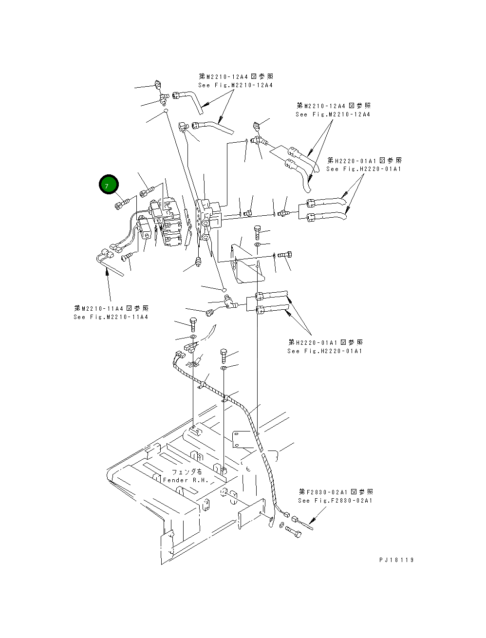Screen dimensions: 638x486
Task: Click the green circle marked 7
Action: click(109, 185)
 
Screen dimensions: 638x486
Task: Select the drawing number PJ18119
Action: click(396, 560)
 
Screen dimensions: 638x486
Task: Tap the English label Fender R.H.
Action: click(186, 480)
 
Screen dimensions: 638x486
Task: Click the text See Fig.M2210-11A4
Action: click(111, 317)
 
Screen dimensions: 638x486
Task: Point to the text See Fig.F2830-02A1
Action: click(335, 501)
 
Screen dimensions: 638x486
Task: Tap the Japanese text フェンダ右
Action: click(187, 472)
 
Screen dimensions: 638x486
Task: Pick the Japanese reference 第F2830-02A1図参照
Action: click(336, 492)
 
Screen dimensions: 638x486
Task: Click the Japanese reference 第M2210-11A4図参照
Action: click(112, 308)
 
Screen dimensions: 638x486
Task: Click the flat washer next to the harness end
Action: click(282, 525)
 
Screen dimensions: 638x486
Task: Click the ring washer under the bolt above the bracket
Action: click(258, 244)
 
